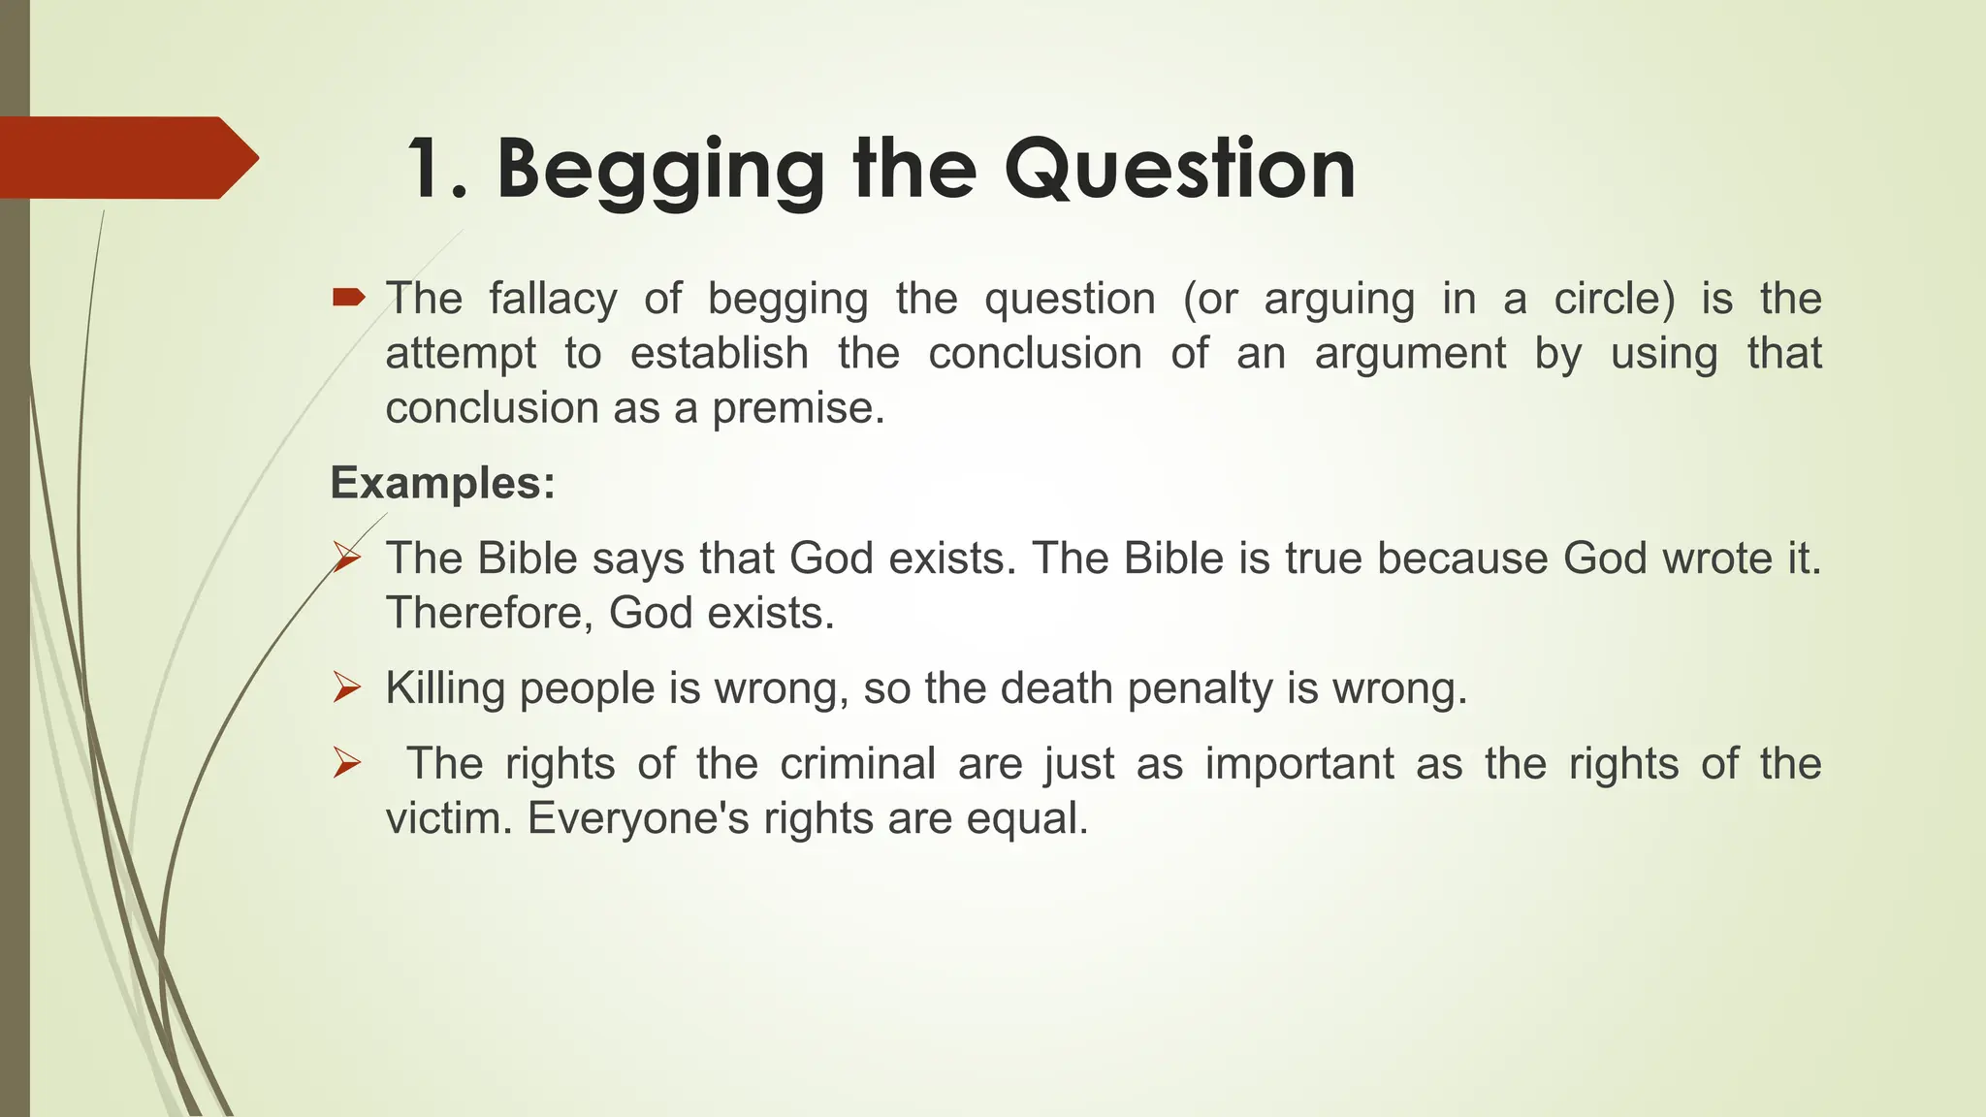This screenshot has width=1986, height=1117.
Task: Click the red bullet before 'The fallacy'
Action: click(348, 298)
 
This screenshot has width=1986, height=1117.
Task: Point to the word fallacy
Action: click(553, 299)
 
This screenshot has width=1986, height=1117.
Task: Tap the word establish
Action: click(719, 353)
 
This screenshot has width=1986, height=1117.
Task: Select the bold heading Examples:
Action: click(443, 483)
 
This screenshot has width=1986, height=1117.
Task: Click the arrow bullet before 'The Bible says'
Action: click(347, 558)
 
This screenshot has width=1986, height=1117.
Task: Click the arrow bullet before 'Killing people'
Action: click(347, 688)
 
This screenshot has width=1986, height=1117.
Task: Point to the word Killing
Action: click(445, 689)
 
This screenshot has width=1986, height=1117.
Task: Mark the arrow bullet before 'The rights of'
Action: click(347, 764)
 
